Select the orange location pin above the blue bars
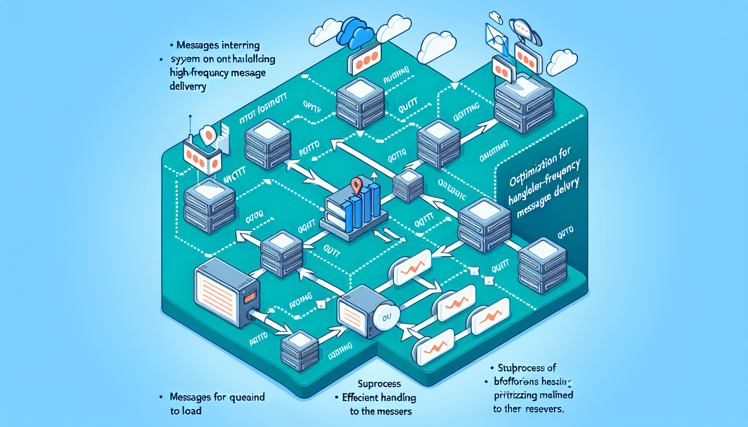[x=356, y=185]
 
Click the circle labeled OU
[x=387, y=317]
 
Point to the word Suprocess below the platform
[x=379, y=384]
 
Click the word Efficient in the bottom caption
[x=361, y=397]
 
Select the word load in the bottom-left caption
[x=192, y=411]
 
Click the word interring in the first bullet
[x=240, y=45]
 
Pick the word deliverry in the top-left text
[x=188, y=86]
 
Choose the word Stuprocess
[x=521, y=368]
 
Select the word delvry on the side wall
[x=566, y=188]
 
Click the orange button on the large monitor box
[x=250, y=297]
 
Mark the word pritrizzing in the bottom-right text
[x=516, y=395]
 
